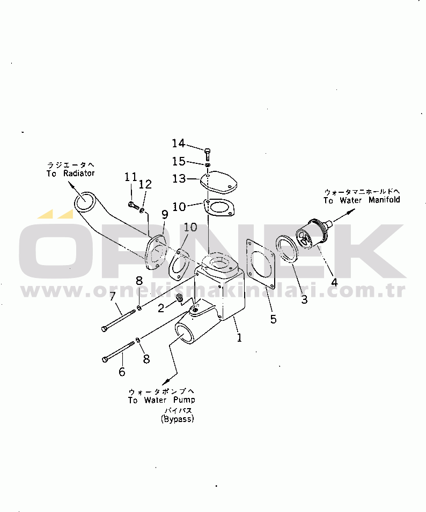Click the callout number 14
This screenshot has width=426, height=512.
pyautogui.click(x=178, y=143)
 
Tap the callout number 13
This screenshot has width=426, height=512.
pyautogui.click(x=179, y=178)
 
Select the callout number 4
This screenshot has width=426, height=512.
pyautogui.click(x=334, y=282)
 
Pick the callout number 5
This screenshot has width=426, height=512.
pyautogui.click(x=274, y=319)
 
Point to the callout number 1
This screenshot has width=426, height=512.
pyautogui.click(x=239, y=337)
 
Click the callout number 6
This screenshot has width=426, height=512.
pyautogui.click(x=122, y=372)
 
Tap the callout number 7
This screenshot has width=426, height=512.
pyautogui.click(x=113, y=296)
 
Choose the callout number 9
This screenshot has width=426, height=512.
pyautogui.click(x=165, y=215)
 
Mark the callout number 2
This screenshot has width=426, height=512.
pyautogui.click(x=161, y=307)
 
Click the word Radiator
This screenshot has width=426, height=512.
pyautogui.click(x=79, y=173)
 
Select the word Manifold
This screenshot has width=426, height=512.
pyautogui.click(x=384, y=200)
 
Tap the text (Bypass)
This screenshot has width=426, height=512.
pyautogui.click(x=178, y=419)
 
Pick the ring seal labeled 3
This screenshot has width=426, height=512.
pyautogui.click(x=287, y=249)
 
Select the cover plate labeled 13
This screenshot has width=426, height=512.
pyautogui.click(x=218, y=181)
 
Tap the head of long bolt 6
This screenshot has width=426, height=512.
pyautogui.click(x=105, y=359)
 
